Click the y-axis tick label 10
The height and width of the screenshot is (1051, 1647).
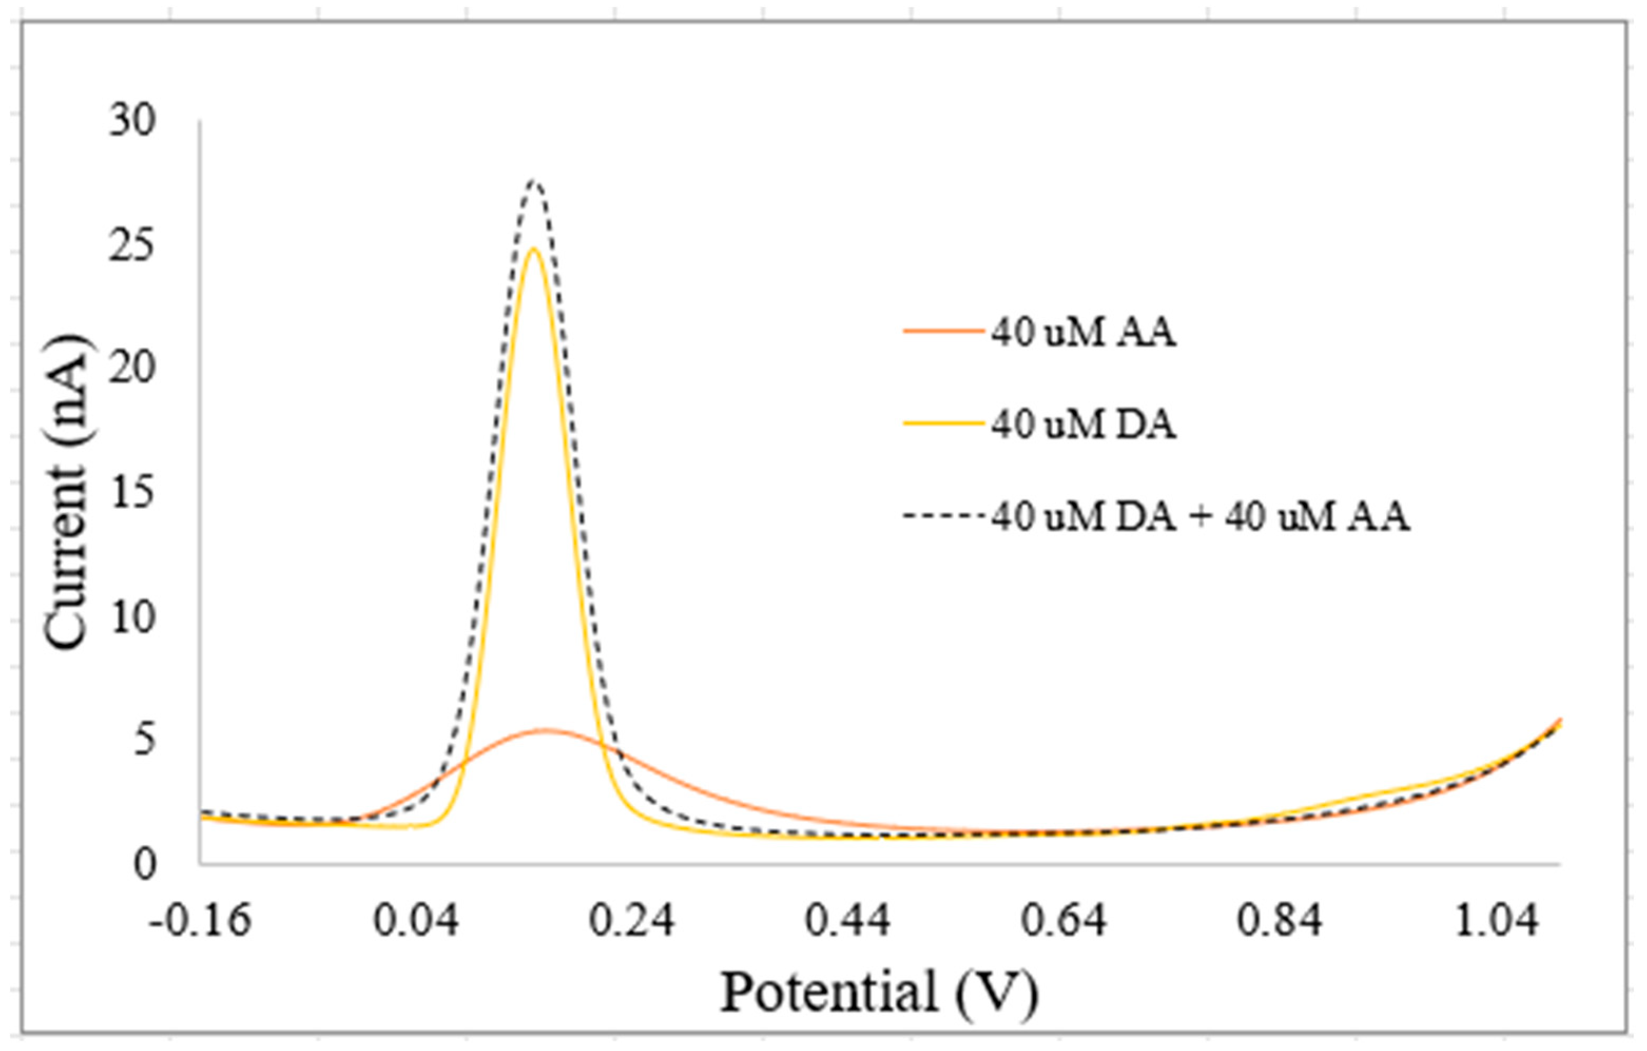click(132, 617)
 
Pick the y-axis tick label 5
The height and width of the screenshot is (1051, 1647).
click(144, 741)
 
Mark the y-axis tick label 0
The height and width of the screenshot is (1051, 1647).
click(144, 865)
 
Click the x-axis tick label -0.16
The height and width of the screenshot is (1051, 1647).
click(200, 921)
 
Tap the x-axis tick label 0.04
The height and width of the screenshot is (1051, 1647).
click(415, 921)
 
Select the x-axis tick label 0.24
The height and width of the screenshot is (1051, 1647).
click(631, 921)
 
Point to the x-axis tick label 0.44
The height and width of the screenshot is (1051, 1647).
click(847, 921)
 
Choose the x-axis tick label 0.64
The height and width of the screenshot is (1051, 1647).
click(1064, 921)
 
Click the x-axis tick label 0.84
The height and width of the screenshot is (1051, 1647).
click(1279, 921)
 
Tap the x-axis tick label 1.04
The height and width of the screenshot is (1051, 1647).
click(1495, 921)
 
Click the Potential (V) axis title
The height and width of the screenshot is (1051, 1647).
click(879, 993)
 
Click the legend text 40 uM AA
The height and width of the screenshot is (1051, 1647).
click(1084, 333)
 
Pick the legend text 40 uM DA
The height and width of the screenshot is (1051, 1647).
click(1084, 425)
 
